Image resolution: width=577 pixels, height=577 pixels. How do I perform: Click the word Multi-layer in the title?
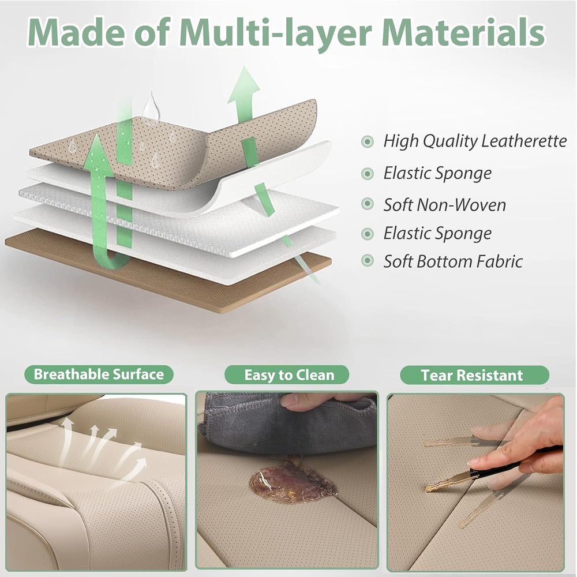pos(276,32)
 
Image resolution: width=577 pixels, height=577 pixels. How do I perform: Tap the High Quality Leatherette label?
pos(475,141)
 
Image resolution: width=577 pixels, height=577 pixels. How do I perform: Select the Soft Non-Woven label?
pos(444,205)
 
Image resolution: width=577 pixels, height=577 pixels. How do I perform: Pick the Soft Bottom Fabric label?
pos(453,261)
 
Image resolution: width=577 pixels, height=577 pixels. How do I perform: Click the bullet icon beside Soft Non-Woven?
pos(367,204)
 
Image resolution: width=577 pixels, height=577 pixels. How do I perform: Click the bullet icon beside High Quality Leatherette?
pos(367,141)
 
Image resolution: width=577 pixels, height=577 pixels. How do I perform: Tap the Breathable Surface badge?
pos(99,374)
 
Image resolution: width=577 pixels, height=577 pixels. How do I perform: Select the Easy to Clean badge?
pos(287,375)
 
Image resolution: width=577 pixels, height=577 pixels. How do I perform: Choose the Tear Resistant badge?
pos(474,375)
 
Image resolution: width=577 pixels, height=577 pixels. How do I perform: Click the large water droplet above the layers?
pos(151,107)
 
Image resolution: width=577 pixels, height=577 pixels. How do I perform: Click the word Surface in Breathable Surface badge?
pos(138,374)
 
